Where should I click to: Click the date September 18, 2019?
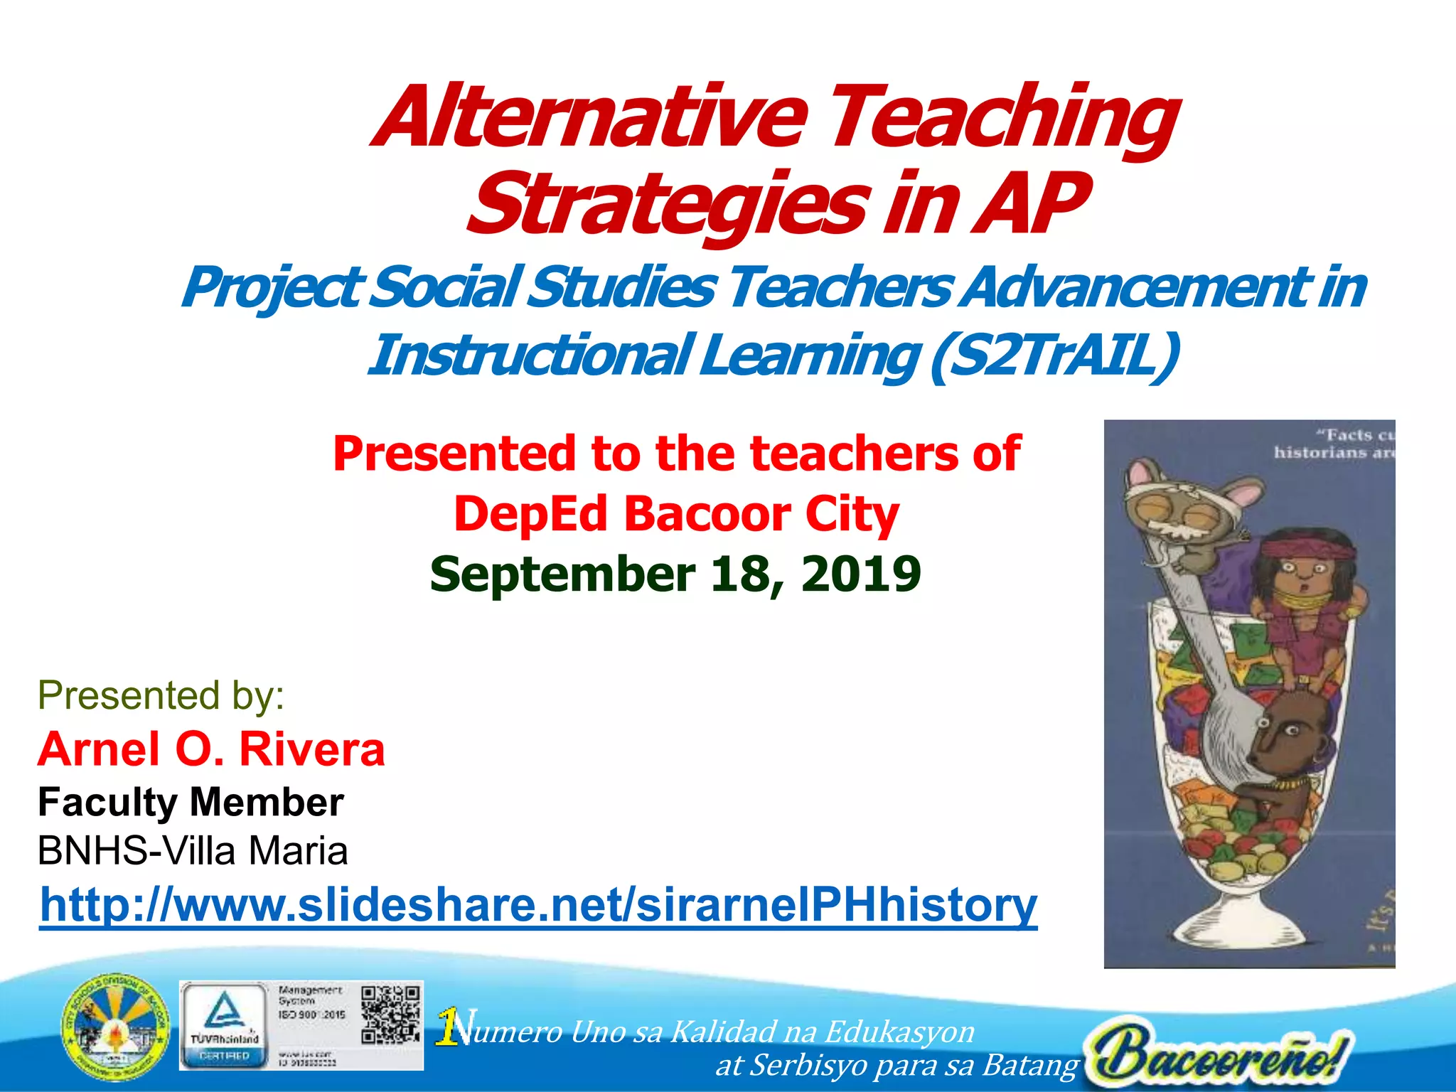675,574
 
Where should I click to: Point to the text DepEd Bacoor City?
676,514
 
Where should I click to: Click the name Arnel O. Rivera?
211,749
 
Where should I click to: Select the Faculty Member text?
191,803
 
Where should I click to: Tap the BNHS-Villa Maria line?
193,851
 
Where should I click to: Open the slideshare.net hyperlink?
538,904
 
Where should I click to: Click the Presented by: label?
161,695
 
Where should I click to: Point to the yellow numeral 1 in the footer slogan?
448,1027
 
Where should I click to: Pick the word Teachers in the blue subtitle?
839,288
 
